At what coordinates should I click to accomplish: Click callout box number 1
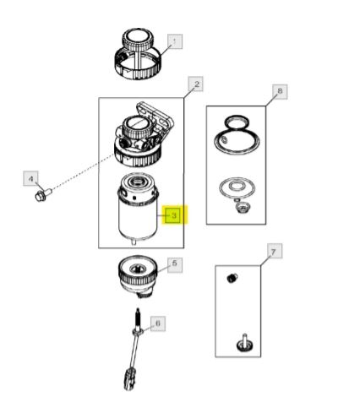[x=175, y=41]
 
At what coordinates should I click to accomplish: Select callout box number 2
[x=196, y=84]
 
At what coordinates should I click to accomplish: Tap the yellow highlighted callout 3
[x=174, y=215]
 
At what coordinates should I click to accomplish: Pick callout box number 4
[x=30, y=178]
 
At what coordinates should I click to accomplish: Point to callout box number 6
[x=158, y=323]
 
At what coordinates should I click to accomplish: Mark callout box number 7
[x=275, y=251]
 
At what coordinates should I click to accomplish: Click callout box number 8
[x=280, y=92]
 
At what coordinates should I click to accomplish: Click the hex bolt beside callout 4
[x=43, y=195]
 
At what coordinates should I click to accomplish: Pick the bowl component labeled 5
[x=138, y=276]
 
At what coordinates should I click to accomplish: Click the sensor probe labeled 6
[x=137, y=338]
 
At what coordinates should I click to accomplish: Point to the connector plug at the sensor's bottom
[x=131, y=379]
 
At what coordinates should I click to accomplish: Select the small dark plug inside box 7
[x=232, y=278]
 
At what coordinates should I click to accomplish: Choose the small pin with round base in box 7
[x=244, y=343]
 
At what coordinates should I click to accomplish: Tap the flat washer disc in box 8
[x=237, y=187]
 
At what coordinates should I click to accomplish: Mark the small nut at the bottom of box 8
[x=242, y=208]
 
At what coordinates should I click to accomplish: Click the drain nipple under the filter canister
[x=134, y=242]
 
